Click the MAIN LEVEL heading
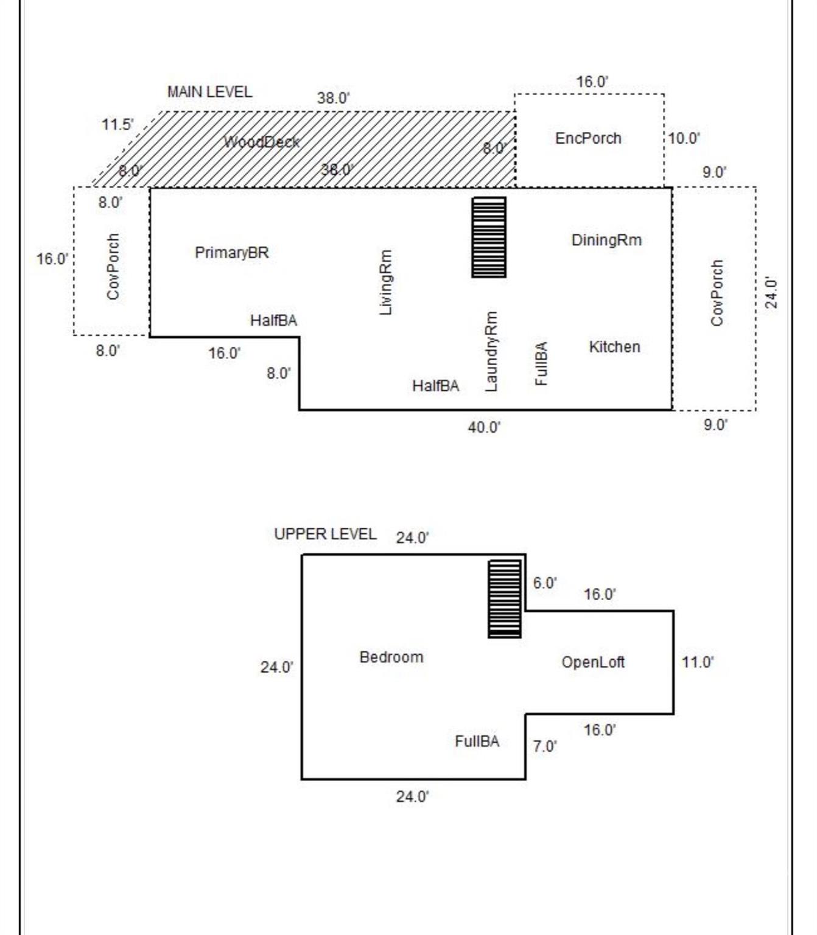tap(210, 92)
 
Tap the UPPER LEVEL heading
tap(325, 534)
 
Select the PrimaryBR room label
tap(232, 253)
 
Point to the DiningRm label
tap(606, 240)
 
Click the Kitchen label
tap(615, 347)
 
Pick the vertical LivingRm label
tap(386, 282)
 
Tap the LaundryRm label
tap(491, 351)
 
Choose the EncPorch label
tap(588, 138)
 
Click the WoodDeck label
tap(261, 142)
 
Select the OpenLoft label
tap(592, 662)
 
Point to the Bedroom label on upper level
tap(391, 657)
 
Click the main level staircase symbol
tap(489, 237)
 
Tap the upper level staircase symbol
tap(505, 598)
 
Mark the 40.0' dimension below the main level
tap(485, 428)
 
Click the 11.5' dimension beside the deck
tap(117, 124)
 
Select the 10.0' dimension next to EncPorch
tap(684, 138)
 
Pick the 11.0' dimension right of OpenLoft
tap(698, 662)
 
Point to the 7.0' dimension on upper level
tap(545, 746)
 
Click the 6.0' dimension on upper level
tap(545, 583)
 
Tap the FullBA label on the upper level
tap(477, 741)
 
